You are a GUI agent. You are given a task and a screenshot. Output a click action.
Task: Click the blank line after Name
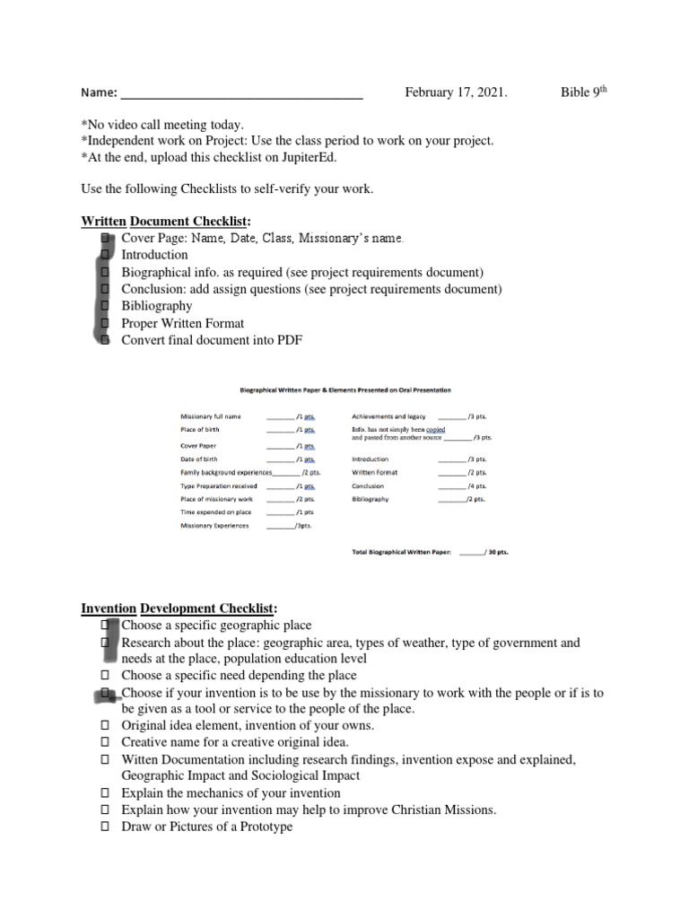(x=241, y=92)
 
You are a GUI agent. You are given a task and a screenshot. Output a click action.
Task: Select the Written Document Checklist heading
(x=166, y=221)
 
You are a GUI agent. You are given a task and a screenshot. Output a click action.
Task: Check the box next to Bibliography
(x=105, y=306)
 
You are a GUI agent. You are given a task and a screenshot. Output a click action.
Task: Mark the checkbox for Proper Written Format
(x=105, y=323)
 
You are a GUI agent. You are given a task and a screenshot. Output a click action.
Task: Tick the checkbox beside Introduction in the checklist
(x=105, y=255)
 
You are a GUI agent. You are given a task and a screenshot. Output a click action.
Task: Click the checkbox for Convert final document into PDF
(x=105, y=340)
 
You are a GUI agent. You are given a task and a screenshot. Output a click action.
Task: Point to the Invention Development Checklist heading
(x=179, y=608)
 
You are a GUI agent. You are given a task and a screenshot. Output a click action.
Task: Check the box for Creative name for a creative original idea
(x=105, y=742)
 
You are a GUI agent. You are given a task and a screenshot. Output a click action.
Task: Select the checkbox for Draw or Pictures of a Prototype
(x=105, y=827)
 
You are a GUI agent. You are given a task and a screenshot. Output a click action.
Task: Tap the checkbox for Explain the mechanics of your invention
(x=105, y=793)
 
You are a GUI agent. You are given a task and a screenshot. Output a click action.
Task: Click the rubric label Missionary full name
(x=211, y=417)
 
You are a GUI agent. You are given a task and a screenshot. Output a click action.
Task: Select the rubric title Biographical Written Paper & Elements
(x=344, y=390)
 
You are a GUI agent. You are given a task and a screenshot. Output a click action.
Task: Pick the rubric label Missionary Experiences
(x=214, y=526)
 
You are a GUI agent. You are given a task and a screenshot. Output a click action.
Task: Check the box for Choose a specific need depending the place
(x=105, y=675)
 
